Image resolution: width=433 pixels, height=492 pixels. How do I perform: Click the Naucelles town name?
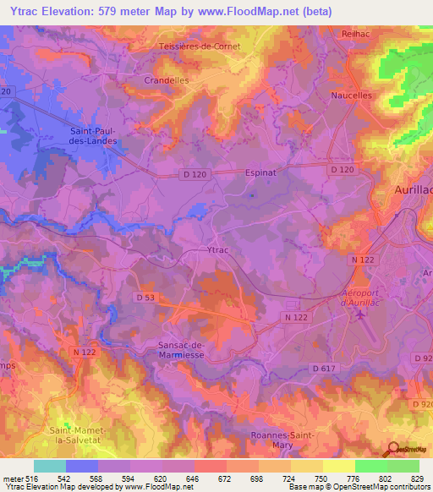tap(351, 96)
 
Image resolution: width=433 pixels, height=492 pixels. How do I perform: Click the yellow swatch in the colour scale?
tap(307, 466)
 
